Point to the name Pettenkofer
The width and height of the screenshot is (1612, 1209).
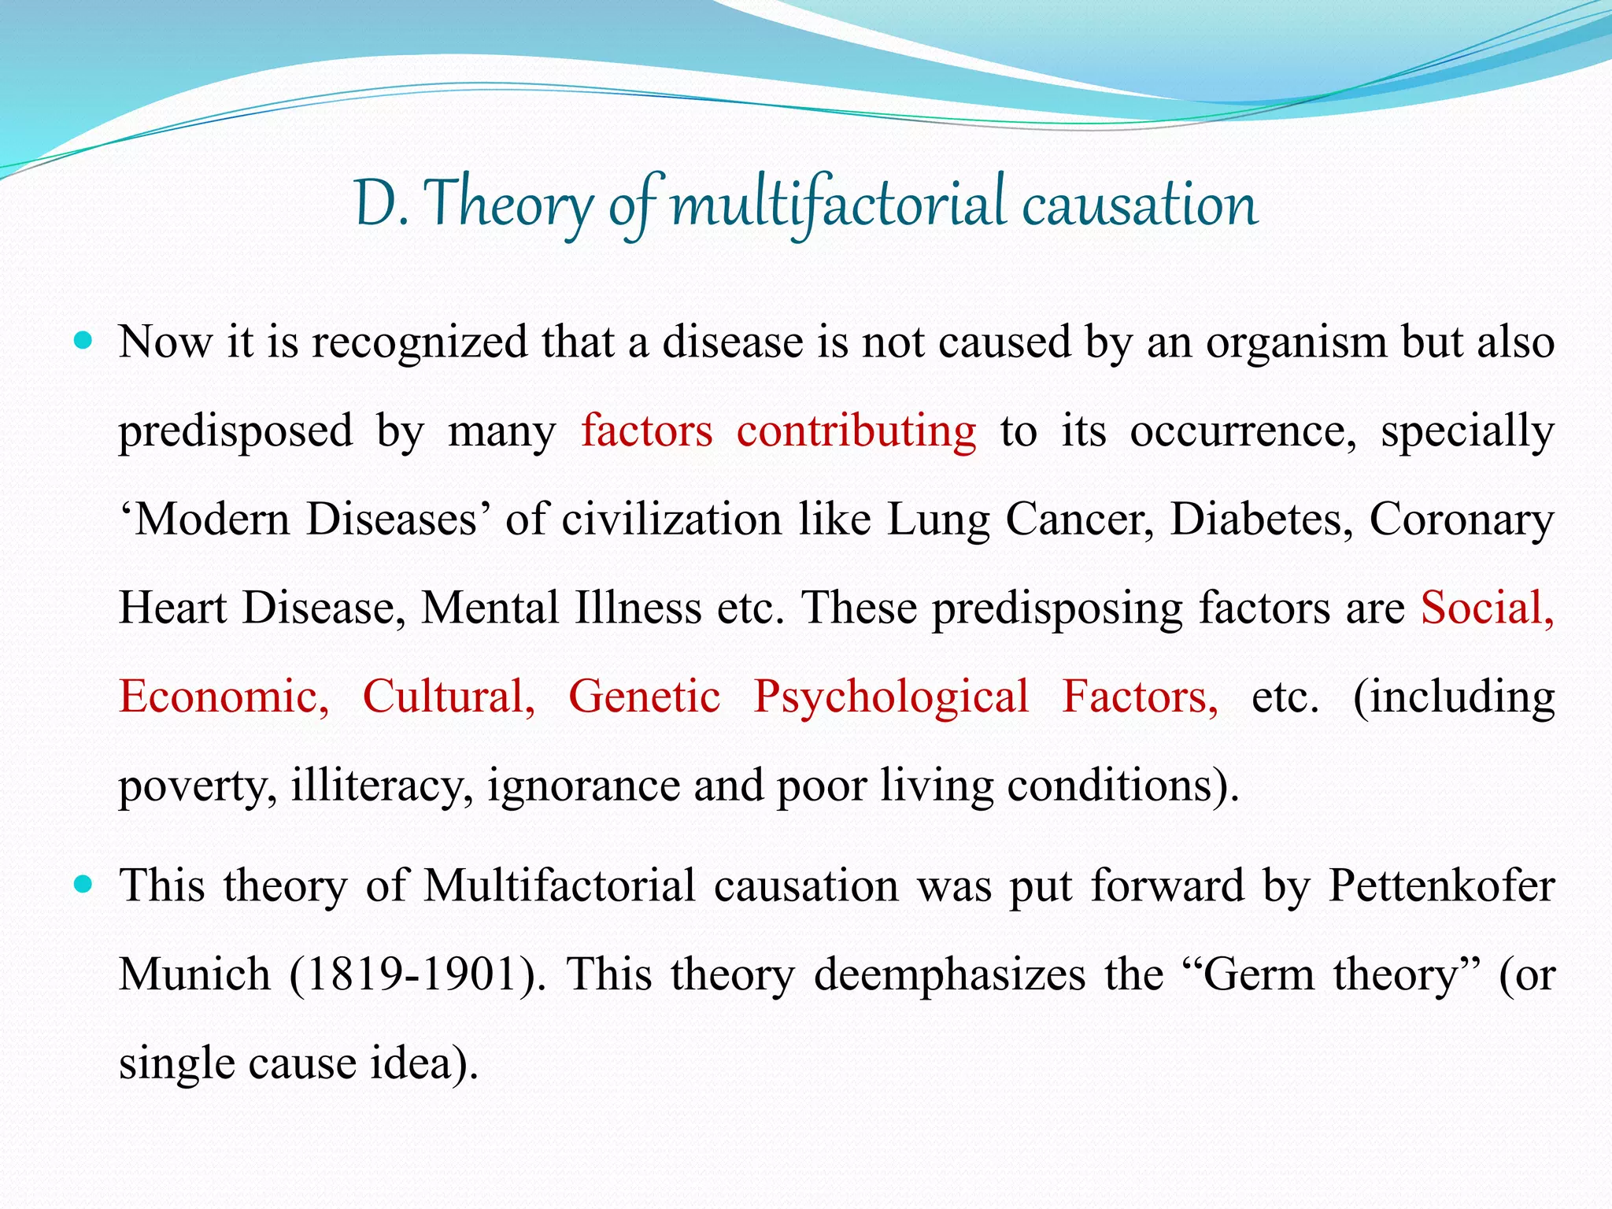(x=1441, y=885)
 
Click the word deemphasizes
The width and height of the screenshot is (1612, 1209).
(x=949, y=974)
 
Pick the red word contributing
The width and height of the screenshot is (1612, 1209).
(x=856, y=431)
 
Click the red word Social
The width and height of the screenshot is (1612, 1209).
(x=1486, y=608)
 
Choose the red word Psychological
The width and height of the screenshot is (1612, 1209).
(x=891, y=697)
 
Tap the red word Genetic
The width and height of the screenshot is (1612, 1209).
(x=644, y=697)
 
